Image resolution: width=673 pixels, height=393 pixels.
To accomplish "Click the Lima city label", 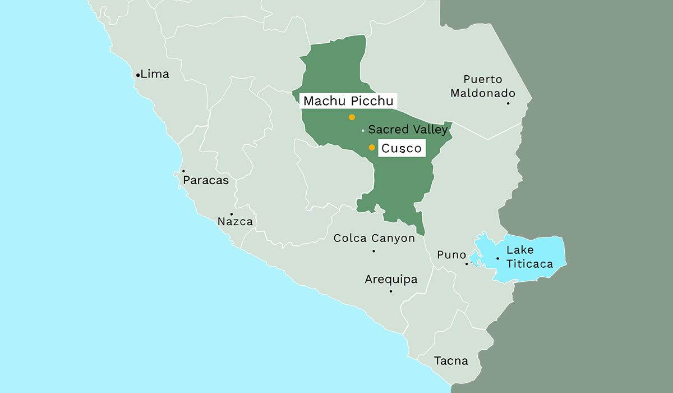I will coord(155,74).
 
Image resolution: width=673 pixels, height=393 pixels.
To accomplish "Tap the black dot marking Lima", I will coord(138,75).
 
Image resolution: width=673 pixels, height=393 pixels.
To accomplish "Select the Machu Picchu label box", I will coord(349,101).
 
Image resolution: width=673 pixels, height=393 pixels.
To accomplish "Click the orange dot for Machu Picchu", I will coord(352,117).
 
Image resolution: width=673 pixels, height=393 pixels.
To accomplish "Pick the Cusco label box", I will coord(401,148).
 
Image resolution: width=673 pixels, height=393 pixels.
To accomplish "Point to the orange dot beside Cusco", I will coord(371,148).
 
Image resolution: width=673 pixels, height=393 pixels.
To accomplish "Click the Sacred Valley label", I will coord(408,130).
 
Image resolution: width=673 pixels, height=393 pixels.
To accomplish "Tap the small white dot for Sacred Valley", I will coord(363,131).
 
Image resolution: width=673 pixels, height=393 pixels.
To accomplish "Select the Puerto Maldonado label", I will coord(483,86).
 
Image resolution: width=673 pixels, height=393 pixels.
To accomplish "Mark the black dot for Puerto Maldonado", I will coord(508,103).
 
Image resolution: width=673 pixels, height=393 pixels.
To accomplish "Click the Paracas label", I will coord(206,180).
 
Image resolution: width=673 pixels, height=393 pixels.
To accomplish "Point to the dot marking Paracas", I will coord(183,171).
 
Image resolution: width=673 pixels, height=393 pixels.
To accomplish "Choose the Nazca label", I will coord(235,222).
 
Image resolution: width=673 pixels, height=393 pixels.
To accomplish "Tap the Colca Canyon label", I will coord(374,238).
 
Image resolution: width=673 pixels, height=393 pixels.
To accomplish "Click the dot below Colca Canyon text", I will coord(374,250).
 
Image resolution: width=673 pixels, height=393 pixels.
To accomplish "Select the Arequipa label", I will coord(391,279).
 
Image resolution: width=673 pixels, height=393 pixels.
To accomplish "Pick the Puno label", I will coord(451,255).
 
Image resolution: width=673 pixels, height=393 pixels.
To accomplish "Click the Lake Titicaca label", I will coord(529,257).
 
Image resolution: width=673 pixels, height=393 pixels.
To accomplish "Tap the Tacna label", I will coord(451,360).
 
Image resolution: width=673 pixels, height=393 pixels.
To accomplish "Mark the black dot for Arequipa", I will coord(391,291).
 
